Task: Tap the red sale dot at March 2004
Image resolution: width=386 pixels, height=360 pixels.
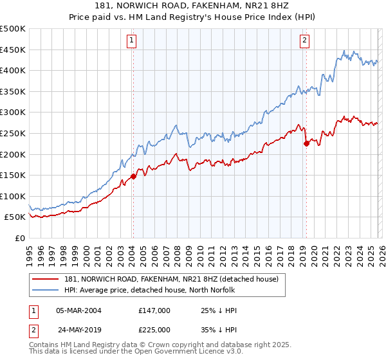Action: [133, 176]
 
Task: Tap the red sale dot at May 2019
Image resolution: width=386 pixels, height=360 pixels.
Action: [306, 143]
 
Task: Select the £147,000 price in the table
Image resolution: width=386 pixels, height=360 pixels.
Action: [154, 310]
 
